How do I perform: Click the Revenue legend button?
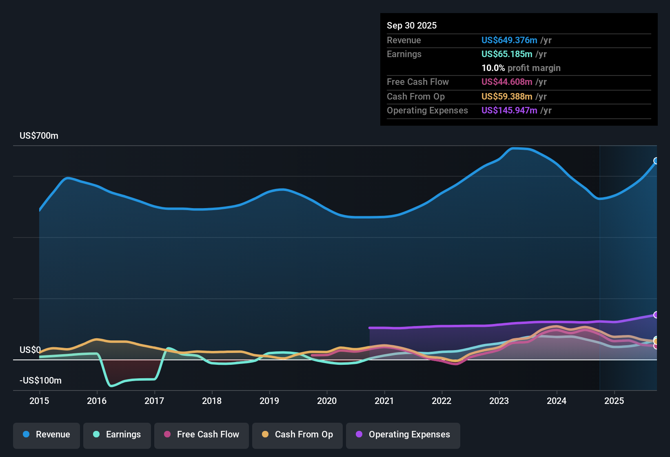coord(47,435)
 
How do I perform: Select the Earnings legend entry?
coord(117,435)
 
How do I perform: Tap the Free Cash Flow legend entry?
coord(202,435)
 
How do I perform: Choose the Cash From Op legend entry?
coord(297,435)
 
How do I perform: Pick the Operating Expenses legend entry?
coord(403,435)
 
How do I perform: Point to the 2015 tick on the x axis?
coord(39,401)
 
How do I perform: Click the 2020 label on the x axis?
coord(327,401)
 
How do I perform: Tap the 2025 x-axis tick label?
coord(614,401)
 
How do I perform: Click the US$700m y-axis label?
coord(39,136)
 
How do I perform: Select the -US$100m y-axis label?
coord(40,381)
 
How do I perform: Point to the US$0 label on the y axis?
coord(30,350)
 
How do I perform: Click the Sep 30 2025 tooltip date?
coord(412,26)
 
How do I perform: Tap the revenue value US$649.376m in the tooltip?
coord(509,40)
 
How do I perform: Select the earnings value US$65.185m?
coord(507,54)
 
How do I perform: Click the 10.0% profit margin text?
coord(521,68)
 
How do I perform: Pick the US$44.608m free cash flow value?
coord(507,82)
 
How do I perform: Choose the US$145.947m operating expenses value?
coord(509,111)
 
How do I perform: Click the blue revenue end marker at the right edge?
coord(656,161)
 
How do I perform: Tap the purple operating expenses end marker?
coord(656,315)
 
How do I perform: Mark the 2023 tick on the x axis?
coord(499,401)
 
